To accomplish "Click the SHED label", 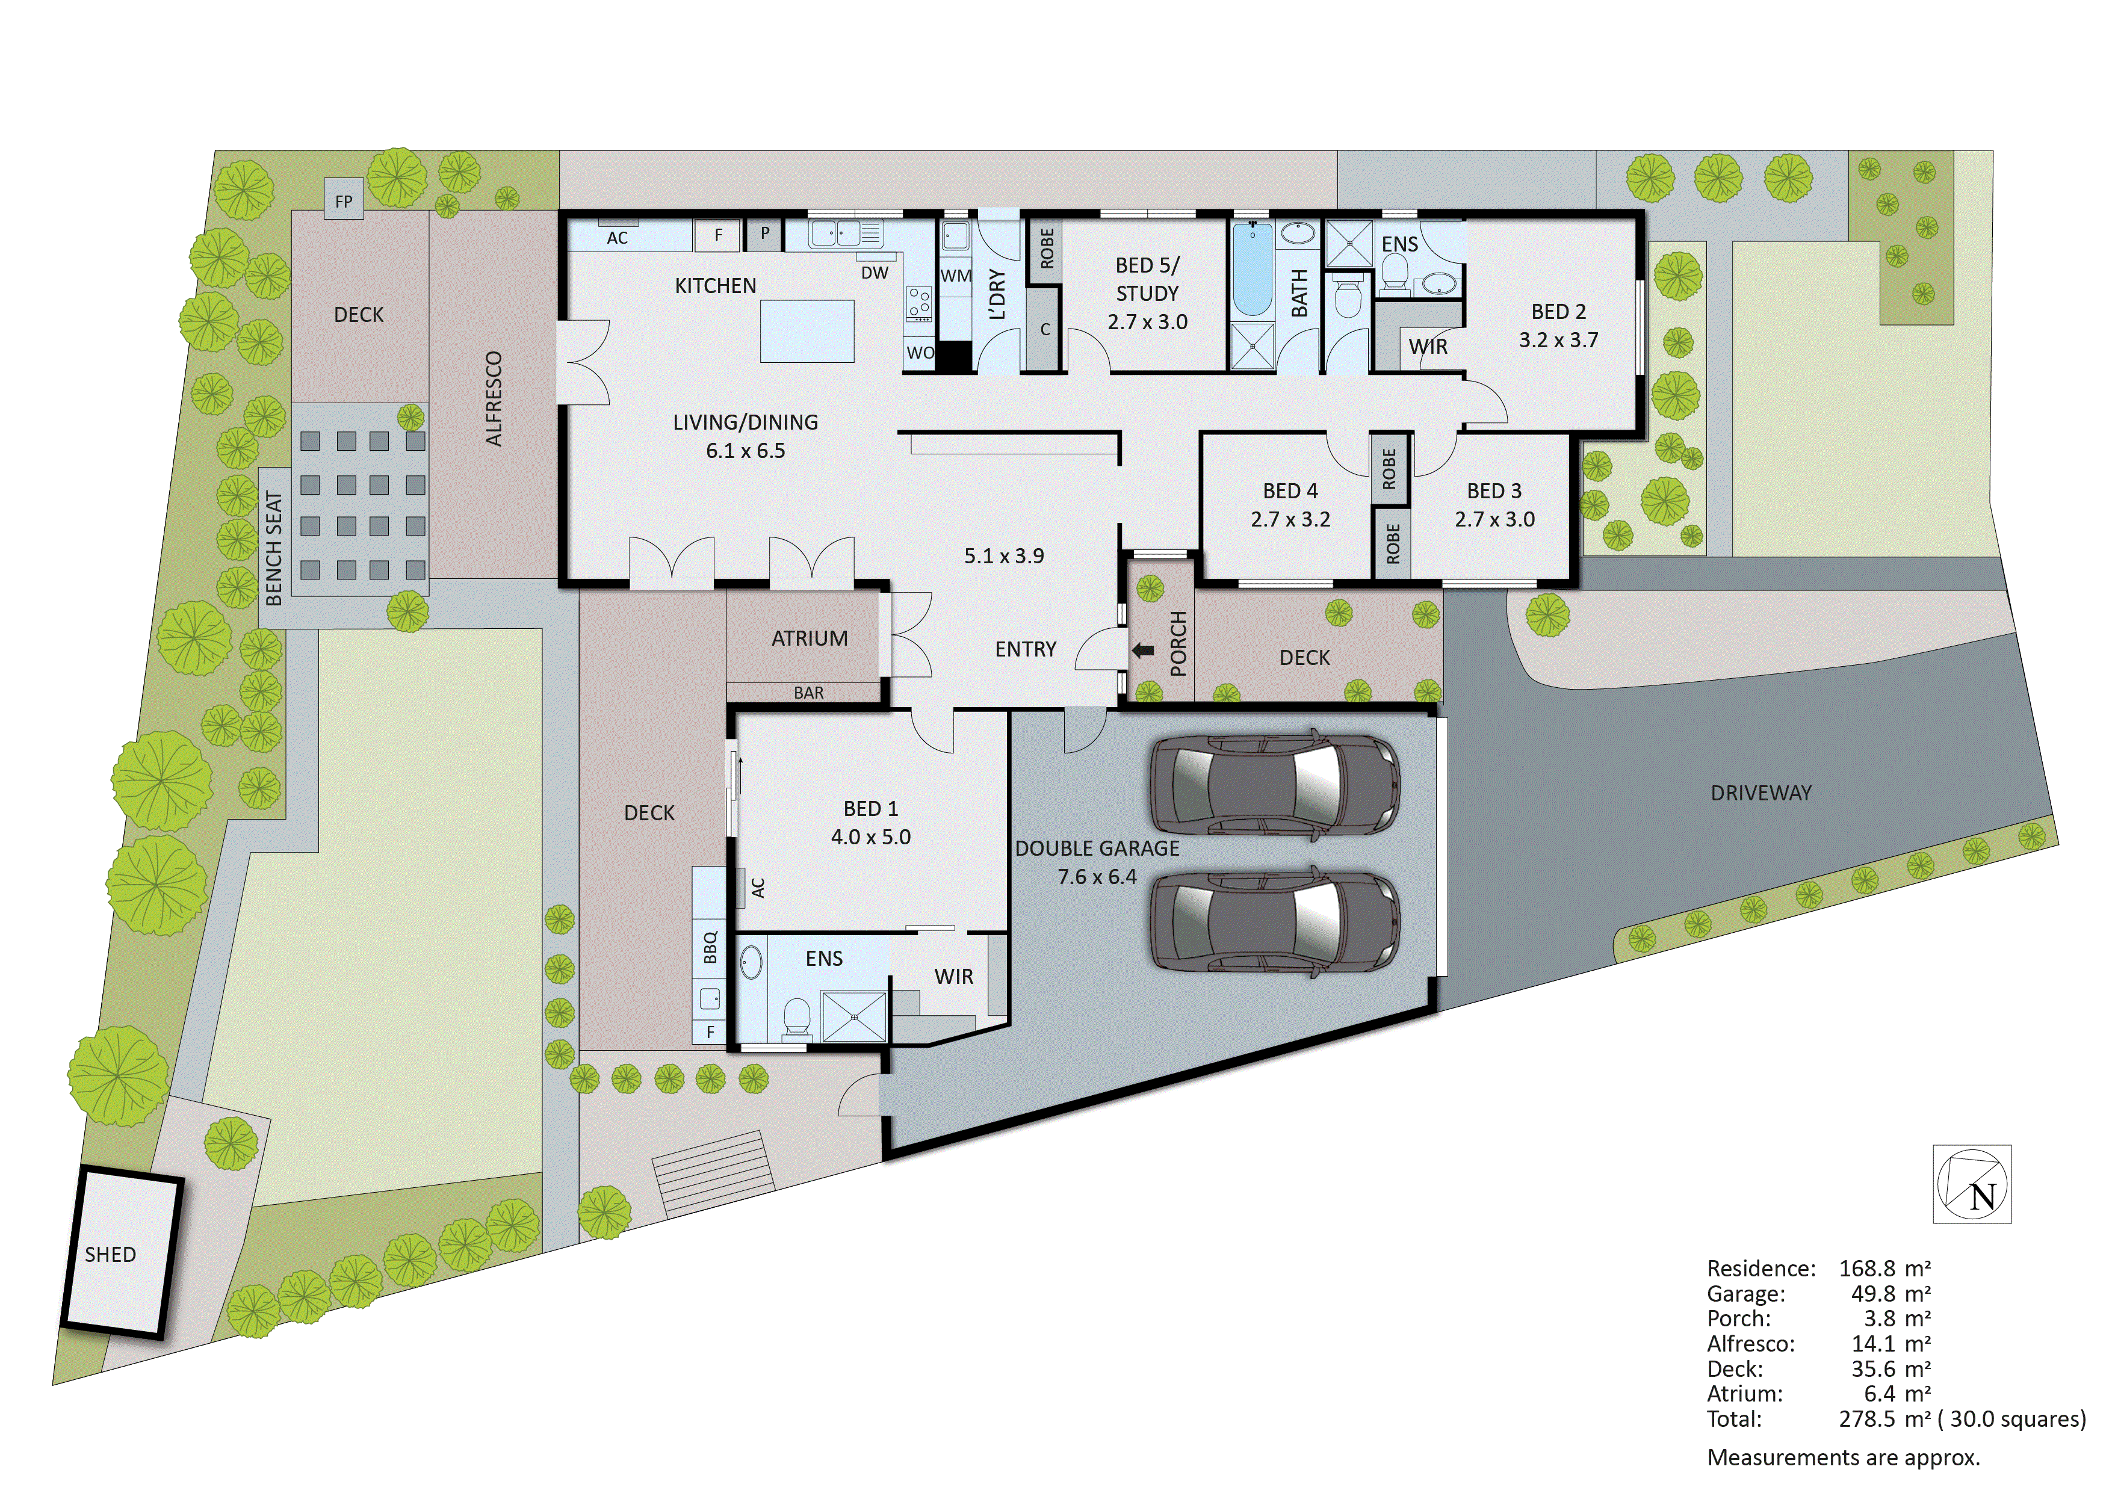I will point(110,1255).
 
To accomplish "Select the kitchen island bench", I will point(807,331).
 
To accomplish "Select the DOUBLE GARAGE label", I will point(1097,848).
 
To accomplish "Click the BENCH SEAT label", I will point(274,548).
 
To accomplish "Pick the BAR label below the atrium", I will point(808,693).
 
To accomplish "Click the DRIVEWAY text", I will point(1761,793).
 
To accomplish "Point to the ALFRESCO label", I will point(494,399).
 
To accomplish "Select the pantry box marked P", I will point(764,233).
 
